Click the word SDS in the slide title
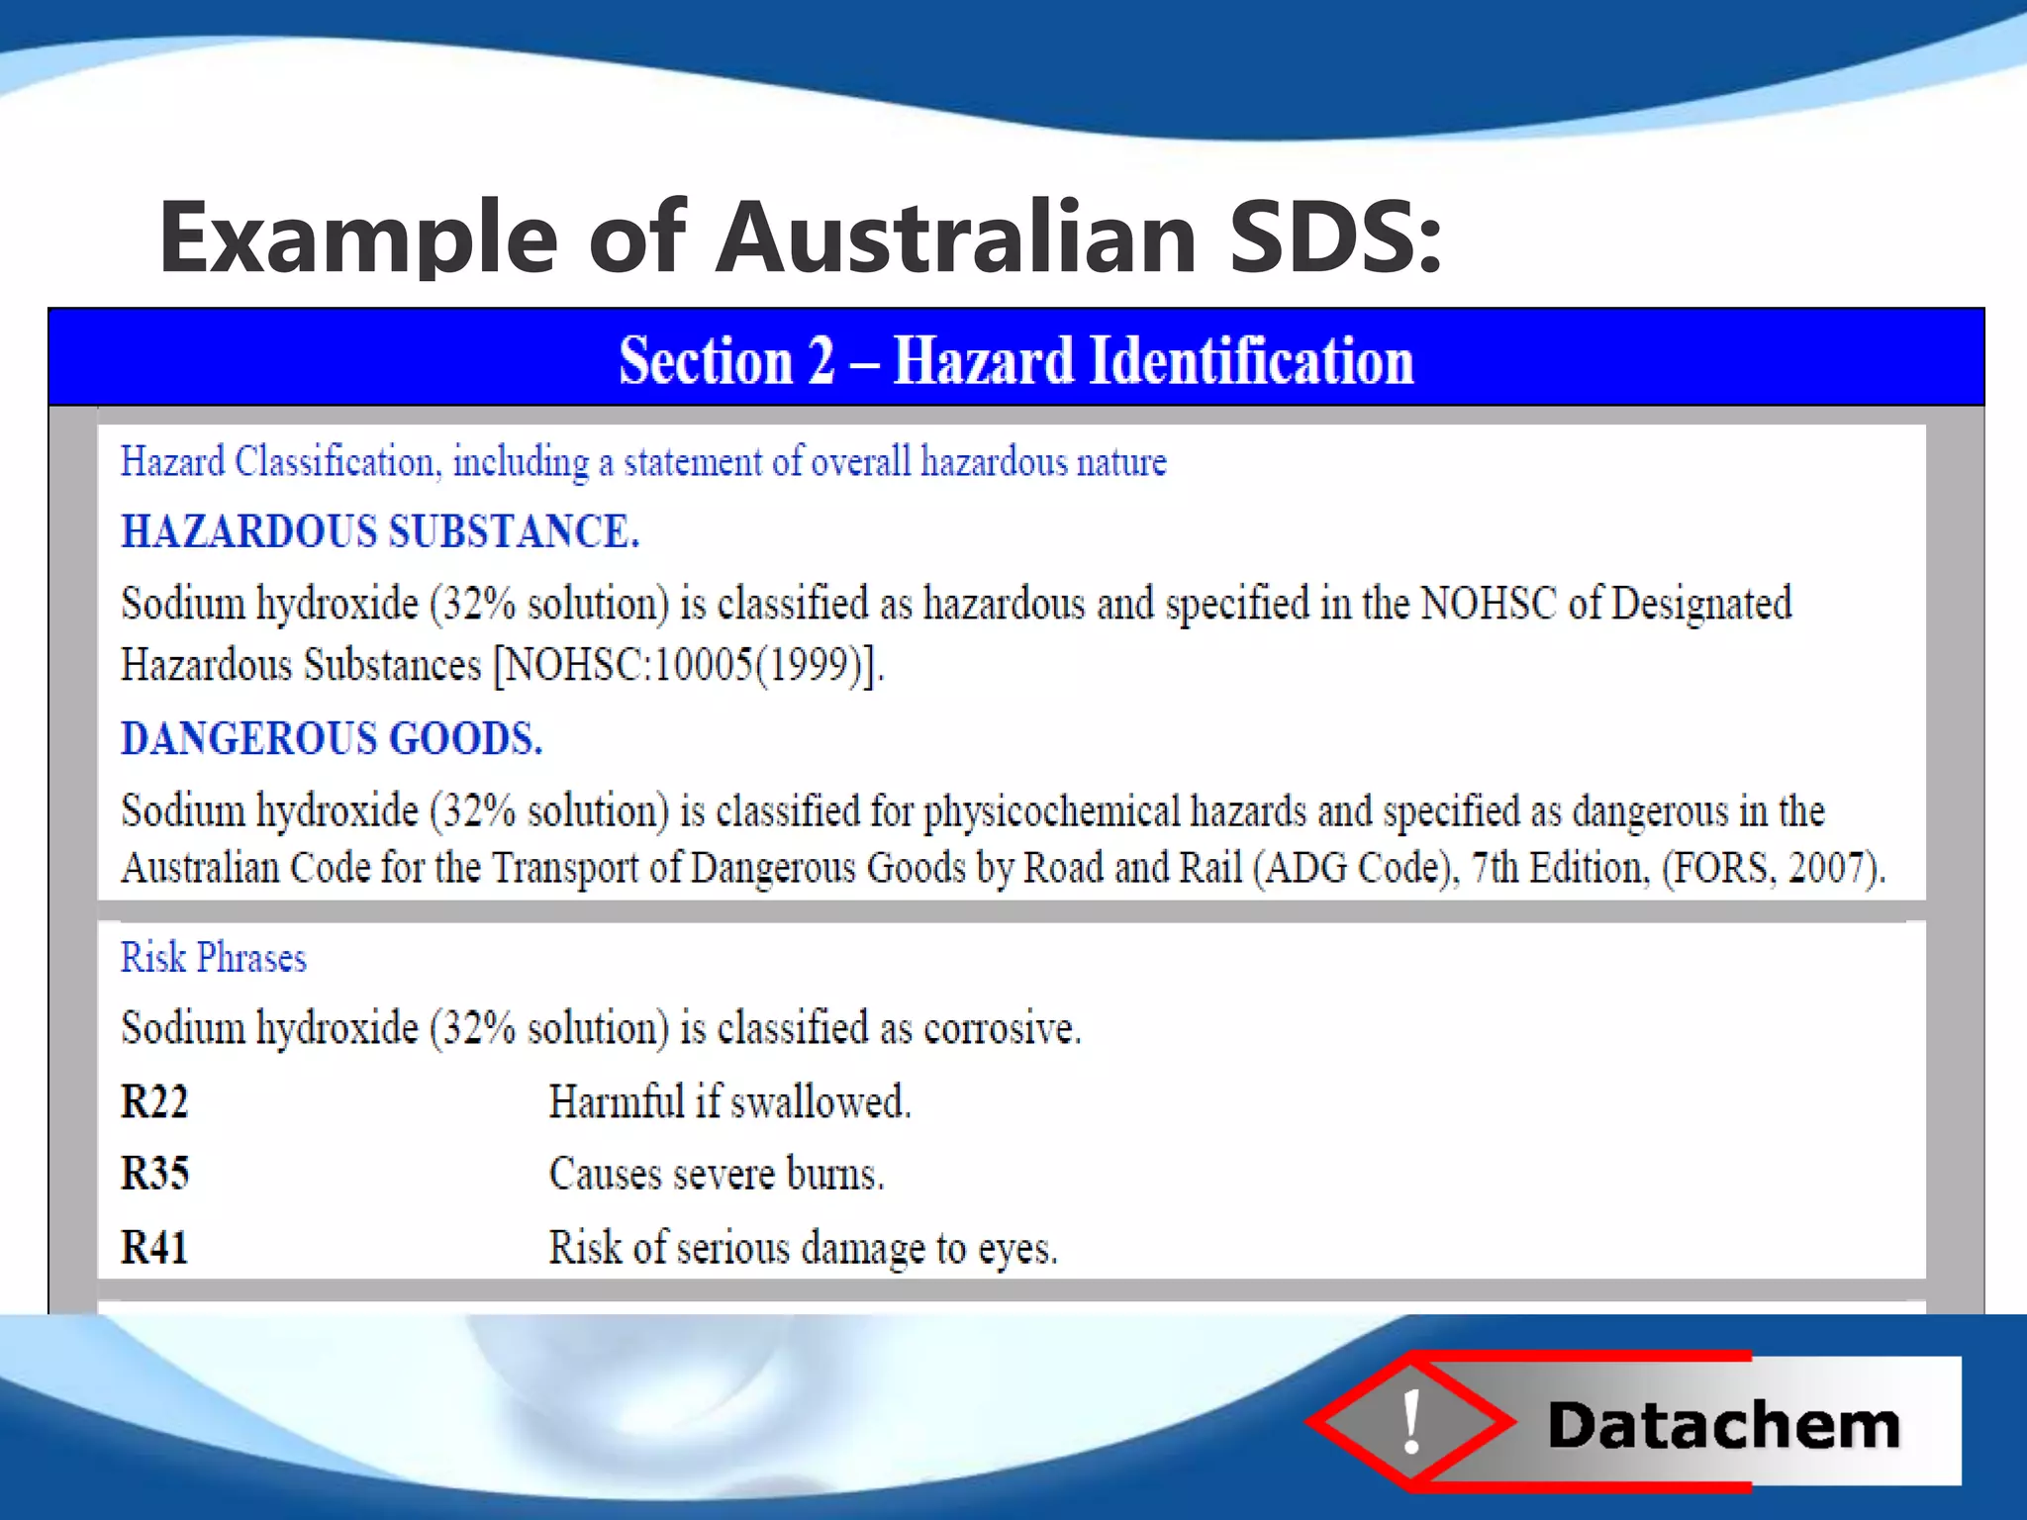pos(1334,237)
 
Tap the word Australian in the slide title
pos(956,237)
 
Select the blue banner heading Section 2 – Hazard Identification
pos(1015,360)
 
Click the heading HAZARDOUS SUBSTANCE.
pos(380,532)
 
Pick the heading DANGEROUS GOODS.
pos(332,739)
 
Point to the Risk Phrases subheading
pos(214,958)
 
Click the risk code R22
pos(154,1102)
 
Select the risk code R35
pos(154,1174)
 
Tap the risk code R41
pos(154,1247)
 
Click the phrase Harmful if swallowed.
pos(729,1102)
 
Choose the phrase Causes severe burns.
pos(717,1175)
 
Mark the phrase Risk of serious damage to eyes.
pos(803,1248)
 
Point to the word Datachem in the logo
pos(1723,1426)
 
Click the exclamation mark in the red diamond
pos(1412,1421)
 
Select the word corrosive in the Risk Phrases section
pos(1000,1029)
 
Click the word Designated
pos(1700,604)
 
